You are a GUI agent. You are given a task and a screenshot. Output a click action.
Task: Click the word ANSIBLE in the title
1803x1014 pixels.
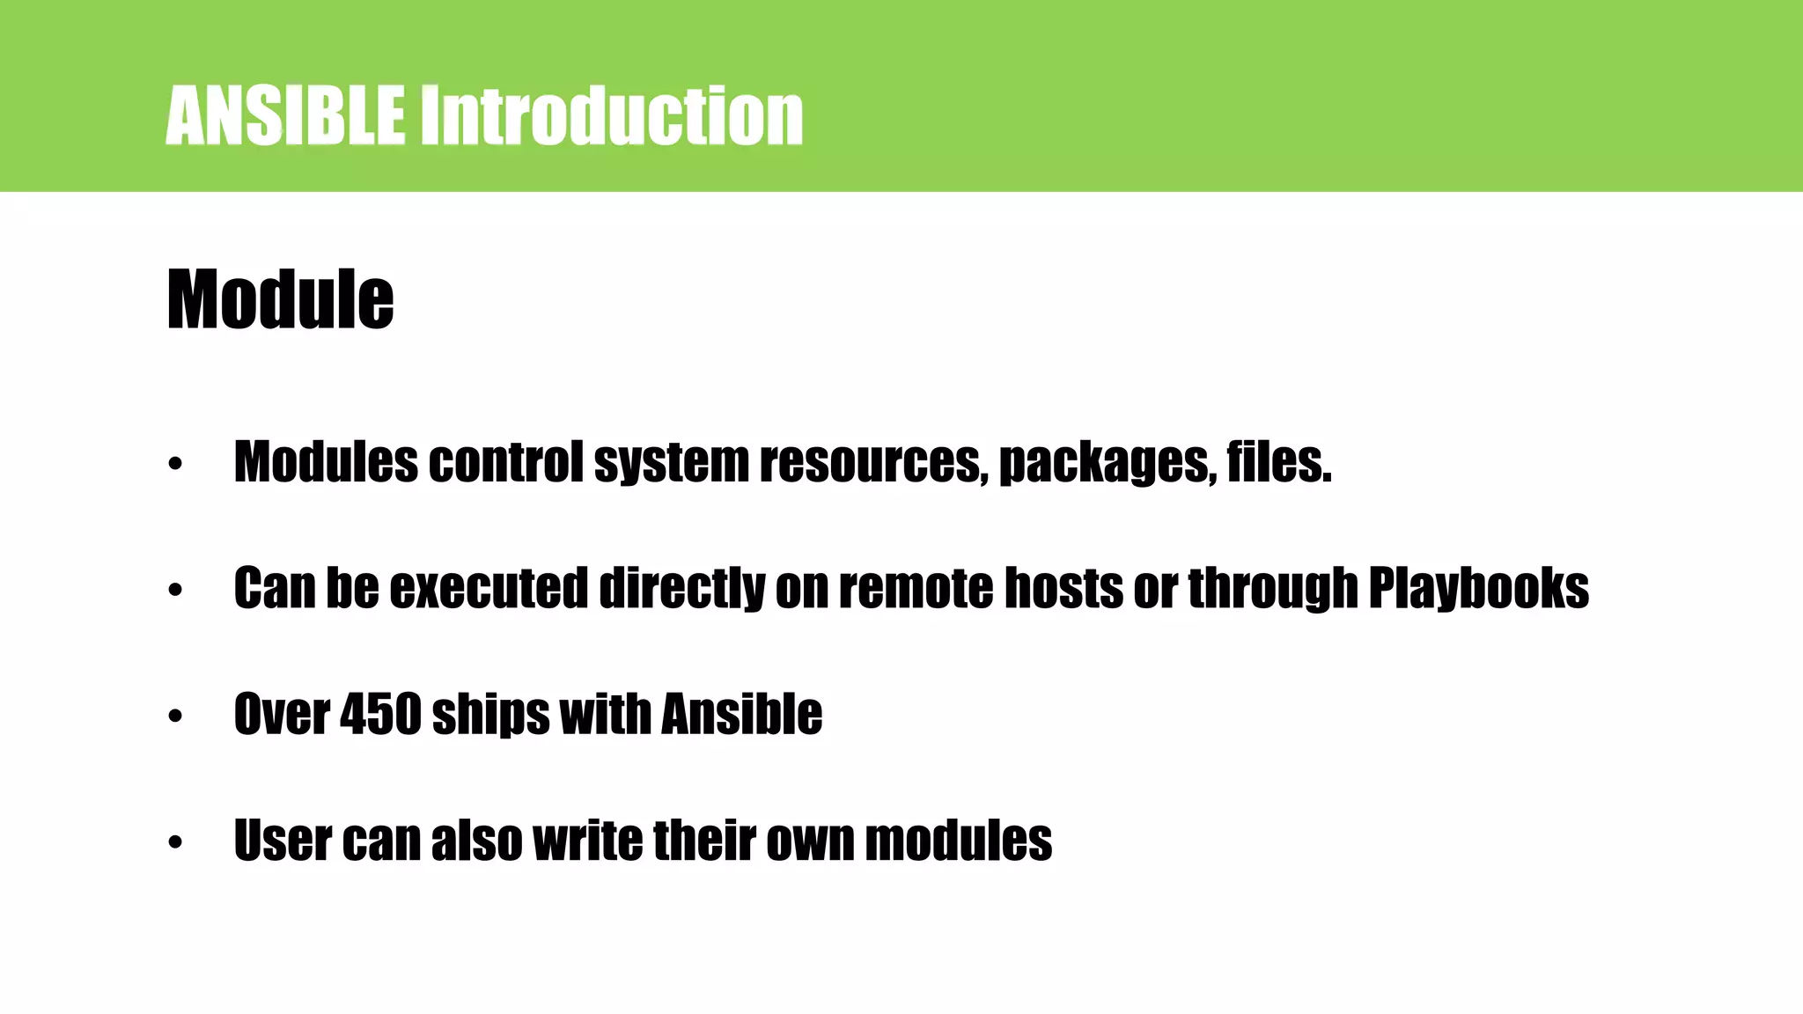coord(285,115)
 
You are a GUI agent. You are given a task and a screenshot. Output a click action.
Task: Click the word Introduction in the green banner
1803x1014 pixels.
coord(610,115)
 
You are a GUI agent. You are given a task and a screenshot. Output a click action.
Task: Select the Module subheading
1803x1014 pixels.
coord(280,300)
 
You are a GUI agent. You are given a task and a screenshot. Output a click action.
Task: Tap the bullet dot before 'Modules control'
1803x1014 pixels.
coord(175,463)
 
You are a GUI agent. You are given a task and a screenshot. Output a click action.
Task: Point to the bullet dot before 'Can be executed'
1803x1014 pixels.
coord(175,590)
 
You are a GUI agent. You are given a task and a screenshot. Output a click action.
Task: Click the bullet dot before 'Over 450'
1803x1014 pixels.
coord(175,716)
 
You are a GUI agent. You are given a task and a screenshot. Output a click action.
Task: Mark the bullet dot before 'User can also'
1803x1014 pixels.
coord(175,842)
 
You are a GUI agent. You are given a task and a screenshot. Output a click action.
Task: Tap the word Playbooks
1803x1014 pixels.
coord(1478,588)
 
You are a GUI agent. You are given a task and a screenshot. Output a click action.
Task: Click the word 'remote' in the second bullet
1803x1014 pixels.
coord(916,588)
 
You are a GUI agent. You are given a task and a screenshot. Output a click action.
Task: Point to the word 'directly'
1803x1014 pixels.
coord(681,588)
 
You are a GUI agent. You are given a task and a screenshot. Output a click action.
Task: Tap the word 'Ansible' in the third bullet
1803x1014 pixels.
coord(741,714)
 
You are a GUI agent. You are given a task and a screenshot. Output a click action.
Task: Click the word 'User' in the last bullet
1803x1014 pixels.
coord(282,841)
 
